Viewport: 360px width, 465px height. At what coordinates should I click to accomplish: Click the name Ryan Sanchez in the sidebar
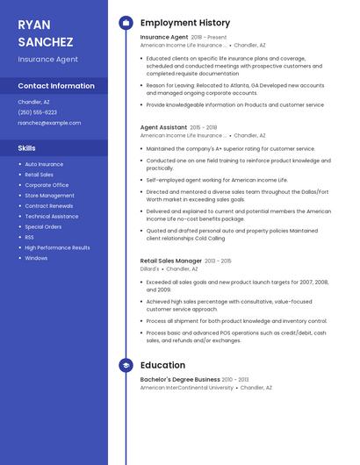(45, 32)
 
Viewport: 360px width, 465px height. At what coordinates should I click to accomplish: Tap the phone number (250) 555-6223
(37, 112)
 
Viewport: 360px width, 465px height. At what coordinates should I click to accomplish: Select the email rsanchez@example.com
(49, 123)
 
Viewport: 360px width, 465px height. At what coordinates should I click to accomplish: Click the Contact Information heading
(56, 86)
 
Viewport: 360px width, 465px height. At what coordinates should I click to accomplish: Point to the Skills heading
(27, 148)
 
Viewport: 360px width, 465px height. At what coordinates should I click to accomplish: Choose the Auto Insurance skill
(44, 164)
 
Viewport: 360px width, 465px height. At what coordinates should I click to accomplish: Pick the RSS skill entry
(29, 237)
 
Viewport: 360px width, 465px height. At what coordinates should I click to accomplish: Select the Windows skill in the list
(36, 258)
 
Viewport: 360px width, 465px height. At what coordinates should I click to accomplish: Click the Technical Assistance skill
(51, 216)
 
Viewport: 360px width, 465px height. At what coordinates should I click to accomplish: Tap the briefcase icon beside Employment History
(126, 22)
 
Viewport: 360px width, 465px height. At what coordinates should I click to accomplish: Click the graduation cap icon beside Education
(126, 365)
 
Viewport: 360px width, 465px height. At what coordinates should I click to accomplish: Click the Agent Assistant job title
(163, 127)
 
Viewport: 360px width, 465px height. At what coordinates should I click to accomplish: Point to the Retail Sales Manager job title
(171, 261)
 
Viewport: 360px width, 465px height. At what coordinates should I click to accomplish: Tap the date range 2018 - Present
(209, 38)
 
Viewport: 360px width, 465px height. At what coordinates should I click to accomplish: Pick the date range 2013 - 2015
(219, 261)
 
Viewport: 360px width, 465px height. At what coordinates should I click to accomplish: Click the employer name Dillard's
(150, 269)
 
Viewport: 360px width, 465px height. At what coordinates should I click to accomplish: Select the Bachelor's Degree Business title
(180, 379)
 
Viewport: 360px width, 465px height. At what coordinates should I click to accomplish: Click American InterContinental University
(187, 387)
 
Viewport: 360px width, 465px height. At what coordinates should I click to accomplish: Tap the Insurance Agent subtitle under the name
(48, 60)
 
